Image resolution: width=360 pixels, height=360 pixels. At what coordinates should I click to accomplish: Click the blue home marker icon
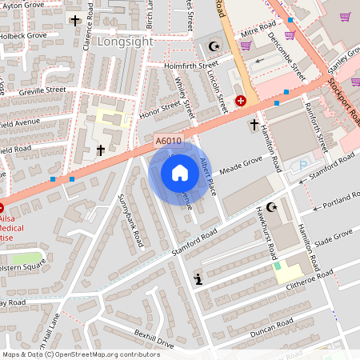coord(179,172)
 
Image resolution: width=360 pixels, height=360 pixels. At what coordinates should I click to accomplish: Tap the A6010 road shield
coord(168,141)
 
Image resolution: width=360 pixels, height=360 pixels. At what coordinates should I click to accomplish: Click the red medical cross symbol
coord(241,101)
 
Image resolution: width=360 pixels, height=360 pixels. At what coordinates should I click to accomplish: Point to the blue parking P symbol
coord(302,166)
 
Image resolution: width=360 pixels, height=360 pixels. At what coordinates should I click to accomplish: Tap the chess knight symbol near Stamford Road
coord(198,279)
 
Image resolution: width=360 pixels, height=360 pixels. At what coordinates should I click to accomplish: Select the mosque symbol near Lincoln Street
coord(213,46)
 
